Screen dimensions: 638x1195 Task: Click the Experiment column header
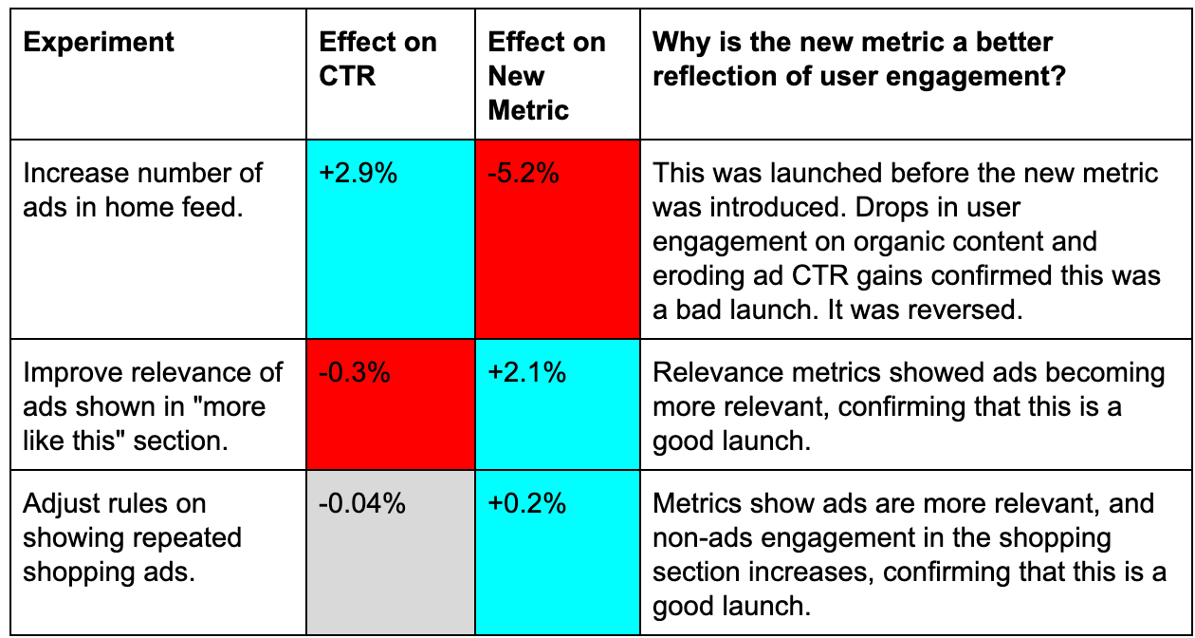pos(99,43)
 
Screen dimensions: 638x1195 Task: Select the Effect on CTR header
pos(377,59)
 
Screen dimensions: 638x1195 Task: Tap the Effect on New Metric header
pos(545,76)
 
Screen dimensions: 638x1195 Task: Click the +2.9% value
pos(358,174)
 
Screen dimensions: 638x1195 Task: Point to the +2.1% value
pos(527,373)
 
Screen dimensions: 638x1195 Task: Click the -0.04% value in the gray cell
pos(362,504)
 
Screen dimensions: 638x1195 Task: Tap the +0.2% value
pos(527,504)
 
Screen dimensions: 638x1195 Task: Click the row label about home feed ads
pos(142,190)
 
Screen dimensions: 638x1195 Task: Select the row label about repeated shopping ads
pos(132,537)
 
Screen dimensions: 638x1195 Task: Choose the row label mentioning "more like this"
pos(152,406)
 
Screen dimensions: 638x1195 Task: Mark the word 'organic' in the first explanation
pos(892,242)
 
